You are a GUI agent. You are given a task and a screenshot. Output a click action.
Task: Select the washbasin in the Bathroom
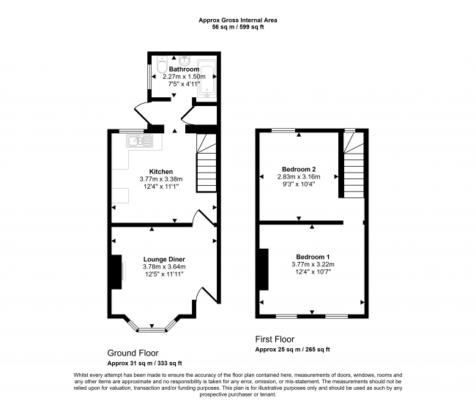click(x=187, y=61)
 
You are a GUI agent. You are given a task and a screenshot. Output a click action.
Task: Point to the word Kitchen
click(x=160, y=172)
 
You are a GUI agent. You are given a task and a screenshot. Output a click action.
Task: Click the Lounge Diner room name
click(x=164, y=259)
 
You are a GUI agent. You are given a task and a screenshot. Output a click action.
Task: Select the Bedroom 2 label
click(x=297, y=168)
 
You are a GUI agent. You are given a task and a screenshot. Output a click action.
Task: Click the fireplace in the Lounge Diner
click(x=116, y=271)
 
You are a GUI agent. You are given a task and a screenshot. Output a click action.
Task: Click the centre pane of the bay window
click(x=153, y=326)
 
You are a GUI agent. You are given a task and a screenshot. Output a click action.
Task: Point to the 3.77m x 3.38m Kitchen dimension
click(x=160, y=180)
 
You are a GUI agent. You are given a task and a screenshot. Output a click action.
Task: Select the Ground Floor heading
click(x=134, y=352)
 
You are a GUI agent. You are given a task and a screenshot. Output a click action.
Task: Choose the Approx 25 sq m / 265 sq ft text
click(x=292, y=350)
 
